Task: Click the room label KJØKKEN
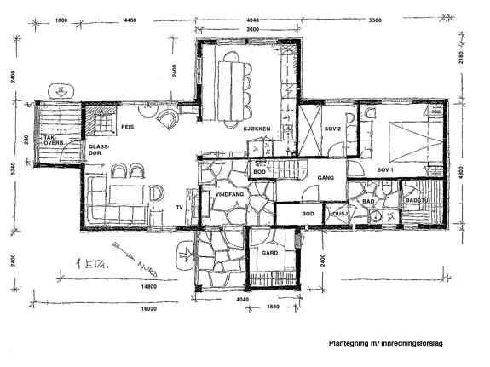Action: [257, 129]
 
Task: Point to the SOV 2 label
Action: [332, 129]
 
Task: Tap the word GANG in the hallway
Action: [325, 178]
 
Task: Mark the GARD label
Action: [270, 253]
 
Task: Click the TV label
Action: [179, 207]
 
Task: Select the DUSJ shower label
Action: [338, 214]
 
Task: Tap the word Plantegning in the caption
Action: [349, 343]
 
